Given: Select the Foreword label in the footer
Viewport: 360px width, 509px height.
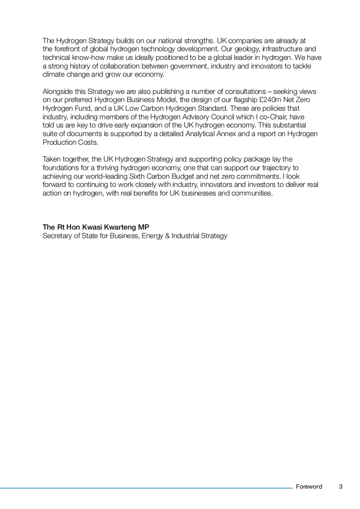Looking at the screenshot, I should (309, 487).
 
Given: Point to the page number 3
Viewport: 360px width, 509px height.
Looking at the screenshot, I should (340, 487).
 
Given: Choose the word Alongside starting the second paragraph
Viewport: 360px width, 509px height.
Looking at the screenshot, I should (58, 91).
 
